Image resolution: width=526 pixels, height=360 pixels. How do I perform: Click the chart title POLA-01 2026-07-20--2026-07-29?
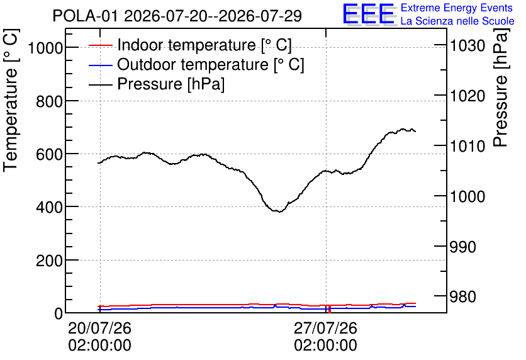(177, 16)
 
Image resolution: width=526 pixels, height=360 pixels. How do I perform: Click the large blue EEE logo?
(369, 14)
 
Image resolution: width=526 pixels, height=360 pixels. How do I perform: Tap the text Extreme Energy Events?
(457, 8)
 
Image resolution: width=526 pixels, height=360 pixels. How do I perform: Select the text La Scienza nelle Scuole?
(457, 21)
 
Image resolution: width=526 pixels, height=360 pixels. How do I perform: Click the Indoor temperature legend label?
(204, 45)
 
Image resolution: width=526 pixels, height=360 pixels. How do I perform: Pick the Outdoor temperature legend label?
(211, 64)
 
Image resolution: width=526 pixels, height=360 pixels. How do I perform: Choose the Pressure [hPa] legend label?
(171, 84)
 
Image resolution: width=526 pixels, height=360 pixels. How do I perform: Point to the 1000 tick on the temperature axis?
(45, 48)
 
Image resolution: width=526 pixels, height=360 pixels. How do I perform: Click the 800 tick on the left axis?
(49, 101)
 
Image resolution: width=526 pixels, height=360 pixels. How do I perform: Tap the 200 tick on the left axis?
(49, 260)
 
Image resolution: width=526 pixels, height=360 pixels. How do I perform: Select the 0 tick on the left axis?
(59, 313)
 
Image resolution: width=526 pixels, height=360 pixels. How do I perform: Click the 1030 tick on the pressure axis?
(467, 45)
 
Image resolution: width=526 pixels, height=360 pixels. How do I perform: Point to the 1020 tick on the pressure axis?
(467, 96)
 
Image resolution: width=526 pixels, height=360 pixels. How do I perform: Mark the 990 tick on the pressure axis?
(462, 247)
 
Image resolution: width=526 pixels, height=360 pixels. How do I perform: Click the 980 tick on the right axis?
(462, 296)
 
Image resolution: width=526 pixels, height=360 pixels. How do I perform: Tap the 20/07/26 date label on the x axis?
(99, 328)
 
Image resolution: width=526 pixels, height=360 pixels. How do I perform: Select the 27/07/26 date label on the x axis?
(326, 328)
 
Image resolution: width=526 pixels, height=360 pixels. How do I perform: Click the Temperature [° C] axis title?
(11, 100)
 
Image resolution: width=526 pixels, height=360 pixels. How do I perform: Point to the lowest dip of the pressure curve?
(280, 211)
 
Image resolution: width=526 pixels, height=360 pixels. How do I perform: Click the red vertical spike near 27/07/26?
(330, 309)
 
